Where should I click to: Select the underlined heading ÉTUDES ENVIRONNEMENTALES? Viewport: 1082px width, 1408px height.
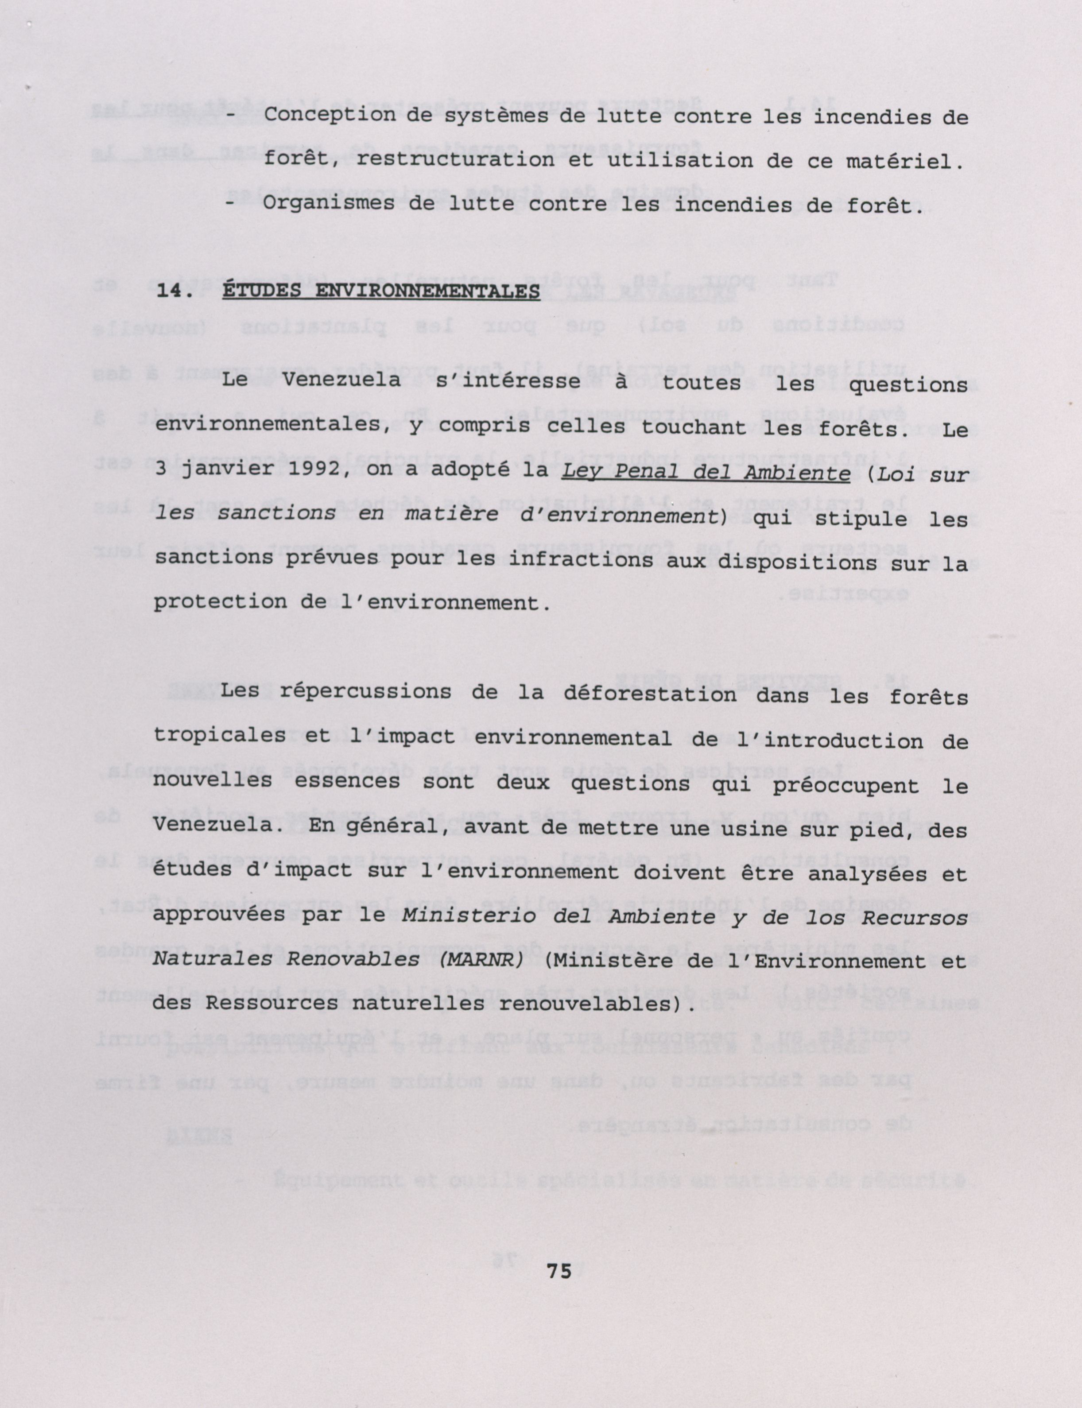(x=380, y=291)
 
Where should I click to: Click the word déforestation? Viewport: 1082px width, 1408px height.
(x=649, y=695)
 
